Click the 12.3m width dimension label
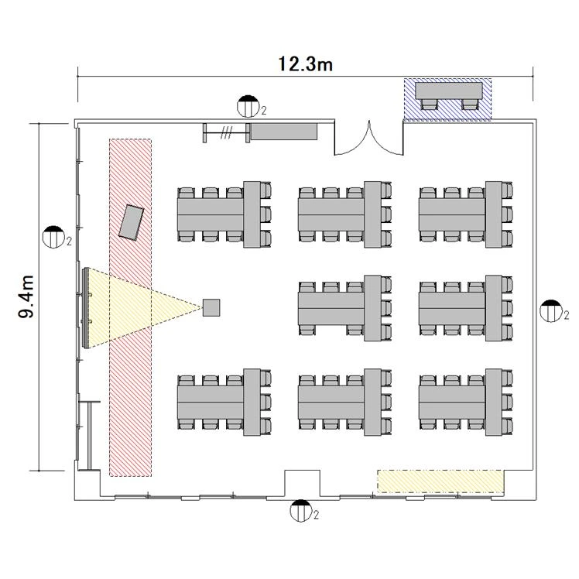coord(305,64)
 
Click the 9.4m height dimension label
coord(26,296)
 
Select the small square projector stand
coord(211,307)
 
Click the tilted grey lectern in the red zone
coord(131,223)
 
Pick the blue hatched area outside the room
coord(447,99)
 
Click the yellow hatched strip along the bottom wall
coord(440,481)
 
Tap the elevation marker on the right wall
coord(551,311)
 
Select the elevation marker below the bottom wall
coord(301,511)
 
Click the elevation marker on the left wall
coord(53,237)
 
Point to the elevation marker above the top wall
coord(248,106)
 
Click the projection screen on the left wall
coord(87,308)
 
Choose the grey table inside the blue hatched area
coord(449,91)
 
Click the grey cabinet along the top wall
coord(283,132)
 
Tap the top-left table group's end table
coord(252,214)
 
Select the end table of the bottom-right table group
coord(494,402)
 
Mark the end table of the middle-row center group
coord(373,308)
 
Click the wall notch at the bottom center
coord(302,483)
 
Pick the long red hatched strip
coord(130,307)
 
